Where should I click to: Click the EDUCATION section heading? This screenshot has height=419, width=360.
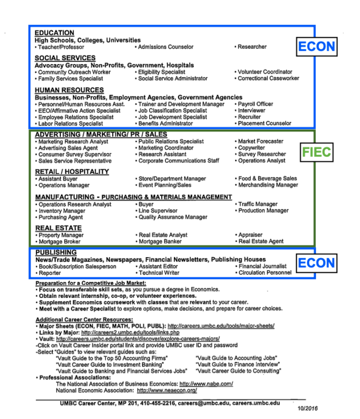[x=54, y=33]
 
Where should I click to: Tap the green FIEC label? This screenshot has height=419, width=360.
[x=316, y=152]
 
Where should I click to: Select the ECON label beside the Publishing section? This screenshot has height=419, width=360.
[x=316, y=263]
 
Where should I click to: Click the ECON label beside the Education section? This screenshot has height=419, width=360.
[x=316, y=47]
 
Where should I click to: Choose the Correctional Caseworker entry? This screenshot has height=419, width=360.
[x=268, y=78]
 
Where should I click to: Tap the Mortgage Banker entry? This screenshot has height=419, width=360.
[x=160, y=241]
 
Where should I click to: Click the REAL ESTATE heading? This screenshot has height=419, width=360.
[x=58, y=228]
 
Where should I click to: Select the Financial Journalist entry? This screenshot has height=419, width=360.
[x=262, y=266]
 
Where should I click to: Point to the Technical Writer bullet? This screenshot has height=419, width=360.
[x=159, y=273]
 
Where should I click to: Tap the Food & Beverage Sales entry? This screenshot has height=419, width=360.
[x=267, y=179]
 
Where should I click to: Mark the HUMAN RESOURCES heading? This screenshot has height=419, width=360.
[x=69, y=90]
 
